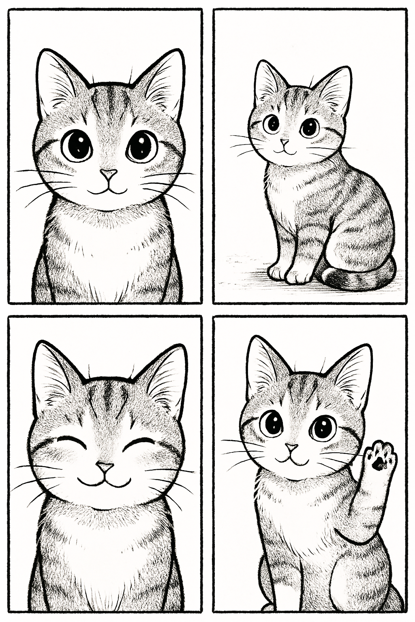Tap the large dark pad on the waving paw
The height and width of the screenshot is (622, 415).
coord(379,465)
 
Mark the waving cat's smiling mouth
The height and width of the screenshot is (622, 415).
coord(292,460)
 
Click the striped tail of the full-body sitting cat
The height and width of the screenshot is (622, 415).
coord(357,277)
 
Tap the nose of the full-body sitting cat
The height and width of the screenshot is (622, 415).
coord(285,142)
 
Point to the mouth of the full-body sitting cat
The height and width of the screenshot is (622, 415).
coord(285,151)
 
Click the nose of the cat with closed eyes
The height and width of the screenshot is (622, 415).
coord(105,467)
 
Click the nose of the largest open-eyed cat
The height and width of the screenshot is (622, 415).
coord(109,174)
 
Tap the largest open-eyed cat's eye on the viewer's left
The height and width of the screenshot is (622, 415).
coord(77,145)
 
